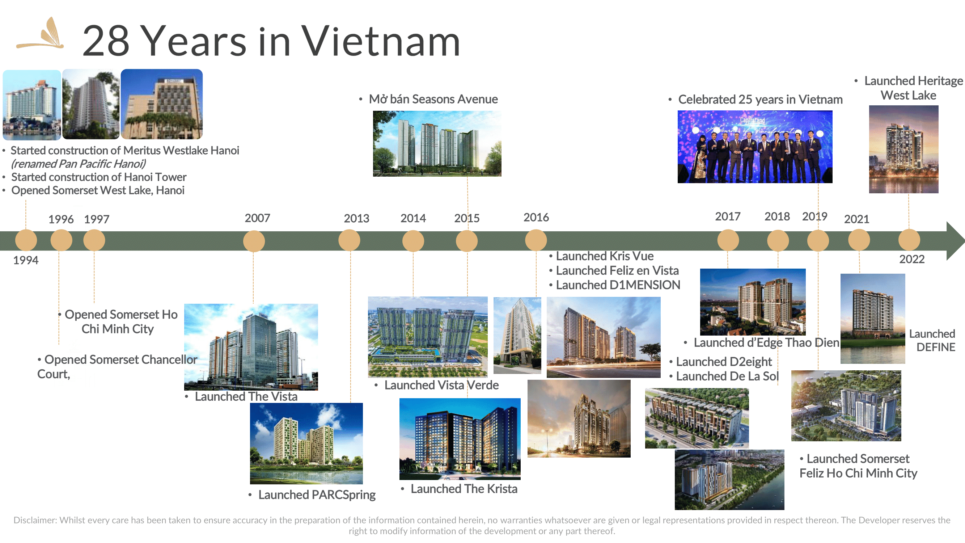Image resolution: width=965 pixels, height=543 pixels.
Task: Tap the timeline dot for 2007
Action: pos(254,241)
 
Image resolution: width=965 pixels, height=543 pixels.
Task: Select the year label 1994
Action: pos(26,260)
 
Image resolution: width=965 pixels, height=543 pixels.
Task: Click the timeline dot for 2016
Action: pos(536,240)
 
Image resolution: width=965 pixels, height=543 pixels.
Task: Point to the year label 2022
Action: pos(912,259)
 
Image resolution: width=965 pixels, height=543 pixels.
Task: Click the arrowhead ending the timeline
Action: pos(955,241)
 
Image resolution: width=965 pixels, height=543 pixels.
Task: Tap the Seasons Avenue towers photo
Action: pos(437,143)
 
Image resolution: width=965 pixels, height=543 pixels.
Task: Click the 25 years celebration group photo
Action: pos(755,147)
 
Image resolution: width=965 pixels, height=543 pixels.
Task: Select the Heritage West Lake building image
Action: pos(903,149)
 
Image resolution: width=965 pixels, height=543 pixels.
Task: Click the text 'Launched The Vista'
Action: pos(246,396)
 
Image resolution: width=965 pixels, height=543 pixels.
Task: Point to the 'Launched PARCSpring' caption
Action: pos(317,494)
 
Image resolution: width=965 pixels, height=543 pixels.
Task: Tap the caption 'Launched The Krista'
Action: pos(464,489)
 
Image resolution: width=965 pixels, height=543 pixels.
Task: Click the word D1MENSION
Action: pos(644,285)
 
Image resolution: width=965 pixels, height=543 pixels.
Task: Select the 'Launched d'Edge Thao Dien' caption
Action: pos(766,342)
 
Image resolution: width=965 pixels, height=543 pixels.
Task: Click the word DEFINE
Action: pos(935,347)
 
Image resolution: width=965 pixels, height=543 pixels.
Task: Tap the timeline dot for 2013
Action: pos(349,240)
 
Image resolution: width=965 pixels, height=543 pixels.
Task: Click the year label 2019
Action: pos(814,216)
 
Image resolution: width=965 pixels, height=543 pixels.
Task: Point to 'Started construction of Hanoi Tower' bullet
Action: pos(98,177)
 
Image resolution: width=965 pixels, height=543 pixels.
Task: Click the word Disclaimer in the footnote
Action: pos(35,520)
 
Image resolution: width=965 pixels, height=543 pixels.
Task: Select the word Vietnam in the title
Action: pos(381,41)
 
